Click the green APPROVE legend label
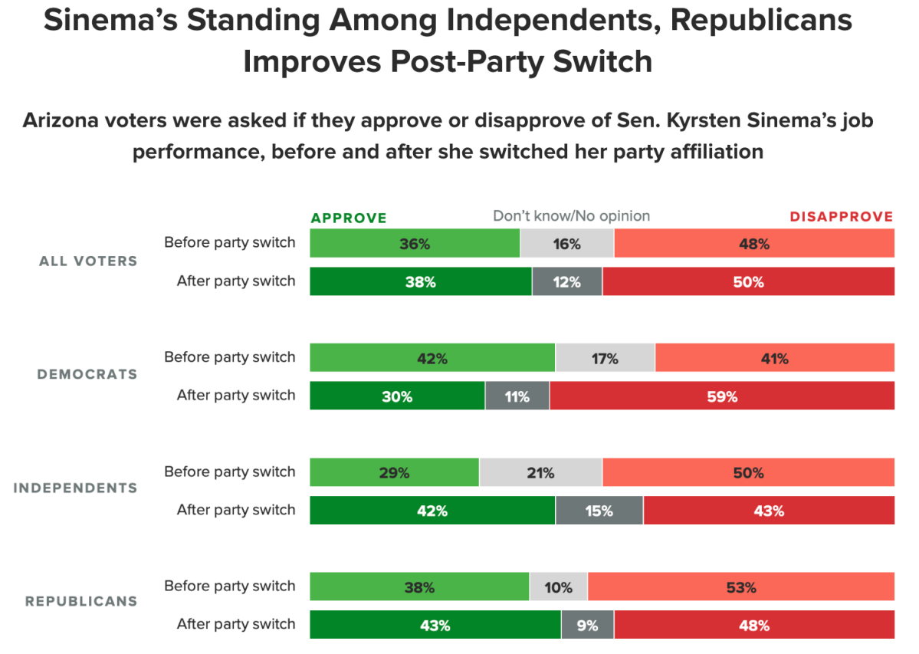coord(349,218)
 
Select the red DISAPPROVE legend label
coord(842,217)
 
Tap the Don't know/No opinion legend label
coord(571,216)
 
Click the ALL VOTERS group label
coord(88,261)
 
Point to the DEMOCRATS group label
coord(87,375)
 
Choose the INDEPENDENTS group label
coord(75,488)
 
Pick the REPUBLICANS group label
coord(81,602)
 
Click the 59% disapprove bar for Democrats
coord(721,396)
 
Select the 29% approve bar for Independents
coord(394,472)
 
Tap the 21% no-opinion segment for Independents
coord(540,472)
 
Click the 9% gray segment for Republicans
coord(587,625)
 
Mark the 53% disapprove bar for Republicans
coord(740,587)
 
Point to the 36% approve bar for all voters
coord(415,244)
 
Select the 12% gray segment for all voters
coord(566,281)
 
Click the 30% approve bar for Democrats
coord(397,396)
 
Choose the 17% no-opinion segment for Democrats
coord(605,358)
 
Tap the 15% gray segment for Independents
coord(599,510)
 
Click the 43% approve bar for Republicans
coord(435,625)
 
